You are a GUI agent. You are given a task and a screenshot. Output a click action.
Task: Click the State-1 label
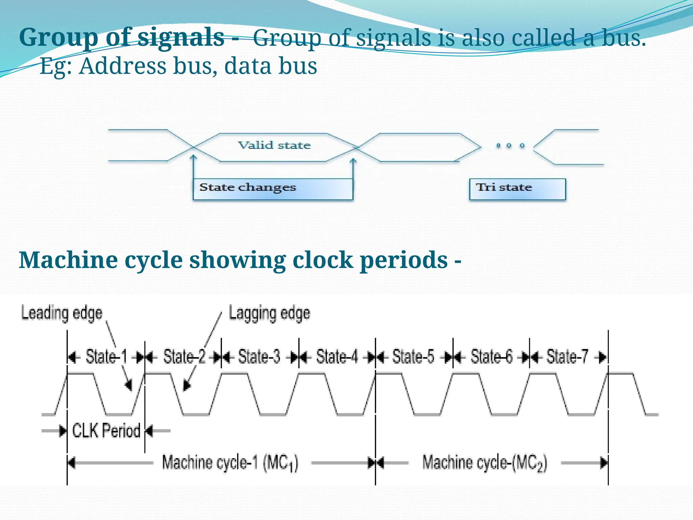coord(106,357)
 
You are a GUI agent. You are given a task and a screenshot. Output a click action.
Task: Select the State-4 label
coord(337,357)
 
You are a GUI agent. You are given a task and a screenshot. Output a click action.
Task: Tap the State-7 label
coord(567,357)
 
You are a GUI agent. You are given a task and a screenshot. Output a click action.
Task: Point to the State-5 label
coord(413,357)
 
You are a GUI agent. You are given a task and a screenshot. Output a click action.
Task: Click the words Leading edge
coord(62,313)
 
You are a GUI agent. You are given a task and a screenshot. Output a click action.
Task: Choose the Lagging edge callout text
coord(269,313)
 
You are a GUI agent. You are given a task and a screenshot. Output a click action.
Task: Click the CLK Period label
coord(106,431)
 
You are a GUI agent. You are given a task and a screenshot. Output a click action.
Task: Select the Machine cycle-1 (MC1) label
coord(230,463)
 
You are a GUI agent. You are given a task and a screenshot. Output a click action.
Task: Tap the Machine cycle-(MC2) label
coord(484,463)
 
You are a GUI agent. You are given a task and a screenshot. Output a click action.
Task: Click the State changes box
coord(273,189)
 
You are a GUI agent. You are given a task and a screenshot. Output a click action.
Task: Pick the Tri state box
coord(517,189)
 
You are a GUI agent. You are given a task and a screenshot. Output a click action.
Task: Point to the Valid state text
coord(274,146)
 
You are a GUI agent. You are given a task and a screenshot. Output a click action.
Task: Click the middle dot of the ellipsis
coord(509,146)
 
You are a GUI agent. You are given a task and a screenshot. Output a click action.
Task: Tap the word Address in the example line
coord(123,66)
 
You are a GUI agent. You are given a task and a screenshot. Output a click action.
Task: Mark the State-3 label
coord(259,357)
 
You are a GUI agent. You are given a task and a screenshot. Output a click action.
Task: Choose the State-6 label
coord(491,357)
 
